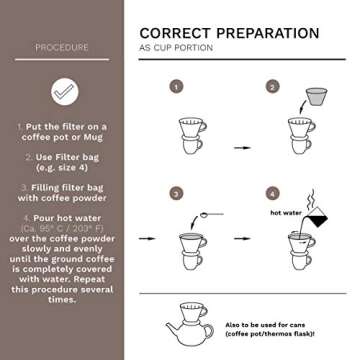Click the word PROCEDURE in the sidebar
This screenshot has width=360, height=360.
tap(61, 47)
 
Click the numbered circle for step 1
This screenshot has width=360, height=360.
tap(177, 86)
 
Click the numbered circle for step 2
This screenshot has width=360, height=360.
tap(270, 86)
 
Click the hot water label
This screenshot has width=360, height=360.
tap(285, 212)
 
